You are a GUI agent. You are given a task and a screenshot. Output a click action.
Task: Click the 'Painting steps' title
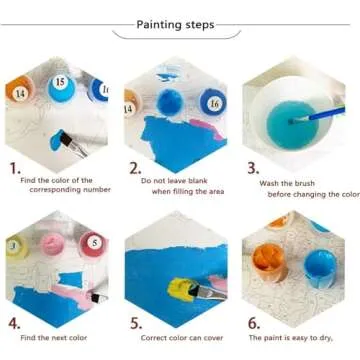coord(180,22)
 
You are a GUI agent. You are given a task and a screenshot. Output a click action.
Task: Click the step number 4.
coord(14,324)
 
